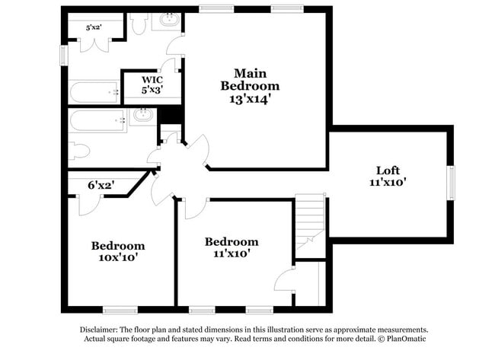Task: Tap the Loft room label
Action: click(388, 170)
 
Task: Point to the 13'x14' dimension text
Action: click(250, 98)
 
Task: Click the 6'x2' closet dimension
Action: click(100, 185)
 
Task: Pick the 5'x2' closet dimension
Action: click(94, 27)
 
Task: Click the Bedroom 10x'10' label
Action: click(118, 251)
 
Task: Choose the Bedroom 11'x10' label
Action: click(231, 247)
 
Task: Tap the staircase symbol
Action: click(310, 221)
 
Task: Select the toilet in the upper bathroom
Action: click(138, 24)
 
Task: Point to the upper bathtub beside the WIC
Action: click(94, 93)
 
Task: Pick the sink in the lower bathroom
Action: click(142, 116)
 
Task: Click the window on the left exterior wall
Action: click(64, 56)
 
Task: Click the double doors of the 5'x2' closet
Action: click(94, 43)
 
